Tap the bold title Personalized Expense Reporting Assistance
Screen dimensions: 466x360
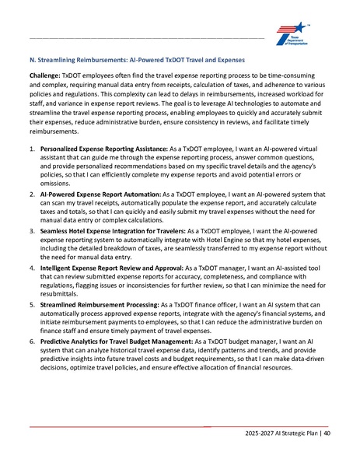(x=100, y=147)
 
